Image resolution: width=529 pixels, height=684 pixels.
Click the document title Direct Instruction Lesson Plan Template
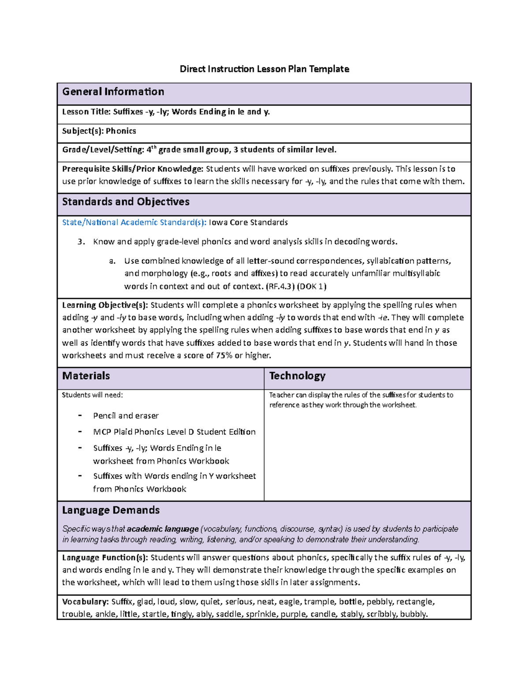pos(264,69)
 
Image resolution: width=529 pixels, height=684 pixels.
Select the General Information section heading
pos(113,92)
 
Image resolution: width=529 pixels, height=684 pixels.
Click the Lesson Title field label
pos(86,112)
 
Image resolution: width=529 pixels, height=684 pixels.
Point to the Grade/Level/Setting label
pos(103,150)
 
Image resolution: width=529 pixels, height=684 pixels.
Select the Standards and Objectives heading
pos(126,202)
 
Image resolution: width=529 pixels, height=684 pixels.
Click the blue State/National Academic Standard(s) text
pos(134,222)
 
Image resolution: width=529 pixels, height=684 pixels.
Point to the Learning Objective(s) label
pos(105,305)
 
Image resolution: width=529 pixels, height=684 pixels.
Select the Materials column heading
pos(86,376)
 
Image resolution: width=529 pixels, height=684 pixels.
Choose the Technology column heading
pos(297,376)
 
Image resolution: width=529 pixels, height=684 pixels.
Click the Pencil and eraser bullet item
pos(126,416)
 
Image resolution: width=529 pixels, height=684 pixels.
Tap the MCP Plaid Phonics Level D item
pos(174,432)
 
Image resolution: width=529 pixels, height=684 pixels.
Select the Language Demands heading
pos(111,510)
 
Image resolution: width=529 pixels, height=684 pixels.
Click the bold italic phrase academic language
pos(163,529)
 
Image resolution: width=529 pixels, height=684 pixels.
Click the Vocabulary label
pos(85,602)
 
